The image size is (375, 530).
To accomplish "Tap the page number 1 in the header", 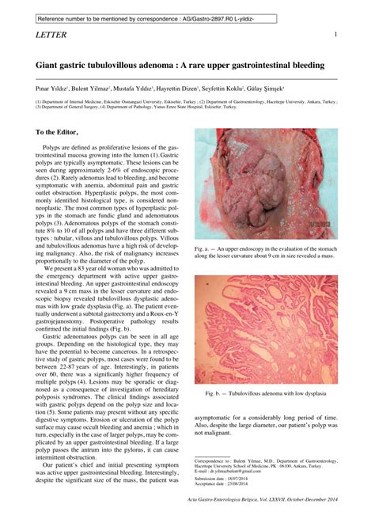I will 336,35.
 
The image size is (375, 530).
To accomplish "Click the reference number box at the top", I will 139,17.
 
